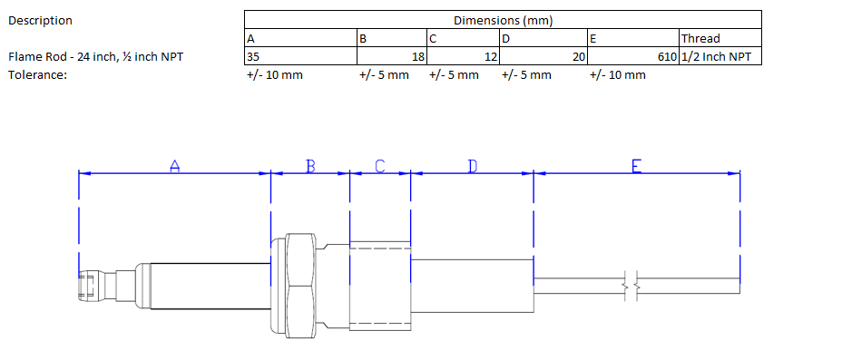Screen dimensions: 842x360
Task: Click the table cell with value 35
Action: [x=300, y=56]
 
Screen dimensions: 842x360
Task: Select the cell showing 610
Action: [x=633, y=56]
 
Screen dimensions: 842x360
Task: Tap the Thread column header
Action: [x=720, y=38]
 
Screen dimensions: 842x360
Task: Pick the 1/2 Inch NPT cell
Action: [x=720, y=56]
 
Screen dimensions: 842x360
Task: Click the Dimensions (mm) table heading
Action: [x=504, y=20]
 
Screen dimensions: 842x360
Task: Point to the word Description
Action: [x=40, y=21]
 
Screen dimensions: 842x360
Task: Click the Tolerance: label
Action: [x=37, y=74]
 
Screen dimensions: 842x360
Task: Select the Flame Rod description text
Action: [x=95, y=56]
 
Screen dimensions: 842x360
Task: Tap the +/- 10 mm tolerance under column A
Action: [x=274, y=75]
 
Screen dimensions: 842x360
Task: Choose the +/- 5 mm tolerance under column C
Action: [x=454, y=75]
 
